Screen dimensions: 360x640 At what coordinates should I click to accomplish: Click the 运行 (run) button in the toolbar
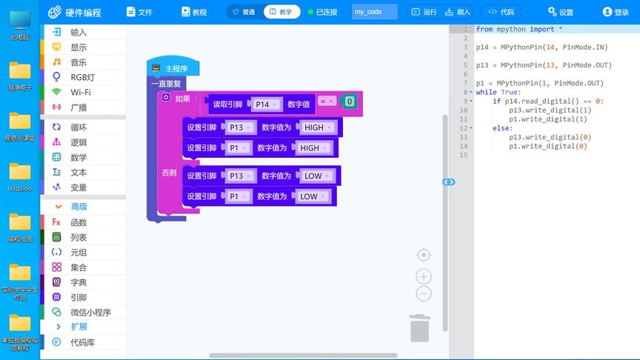[x=424, y=12]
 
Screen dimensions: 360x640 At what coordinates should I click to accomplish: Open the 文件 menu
[x=139, y=12]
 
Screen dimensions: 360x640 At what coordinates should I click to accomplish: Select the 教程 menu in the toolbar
[x=194, y=12]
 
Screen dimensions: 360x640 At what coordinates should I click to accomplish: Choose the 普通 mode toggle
[x=243, y=12]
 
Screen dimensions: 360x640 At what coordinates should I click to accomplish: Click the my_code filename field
[x=375, y=12]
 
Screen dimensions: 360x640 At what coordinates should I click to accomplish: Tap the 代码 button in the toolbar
[x=501, y=12]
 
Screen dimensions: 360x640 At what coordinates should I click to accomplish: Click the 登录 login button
[x=616, y=12]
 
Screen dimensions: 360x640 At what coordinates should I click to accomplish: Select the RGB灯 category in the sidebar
[x=82, y=77]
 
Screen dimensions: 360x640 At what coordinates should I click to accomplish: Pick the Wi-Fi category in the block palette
[x=81, y=92]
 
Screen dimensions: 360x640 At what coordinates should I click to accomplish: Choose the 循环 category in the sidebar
[x=79, y=127]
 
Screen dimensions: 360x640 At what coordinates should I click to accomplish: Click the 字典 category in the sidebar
[x=79, y=282]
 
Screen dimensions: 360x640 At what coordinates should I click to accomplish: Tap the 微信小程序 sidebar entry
[x=90, y=312]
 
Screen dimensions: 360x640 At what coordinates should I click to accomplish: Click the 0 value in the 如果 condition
[x=350, y=102]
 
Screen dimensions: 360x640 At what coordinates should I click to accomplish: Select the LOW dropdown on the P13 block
[x=316, y=176]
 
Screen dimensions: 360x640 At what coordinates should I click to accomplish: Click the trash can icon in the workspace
[x=419, y=328]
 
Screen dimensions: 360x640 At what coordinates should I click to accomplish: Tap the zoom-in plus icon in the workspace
[x=424, y=276]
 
